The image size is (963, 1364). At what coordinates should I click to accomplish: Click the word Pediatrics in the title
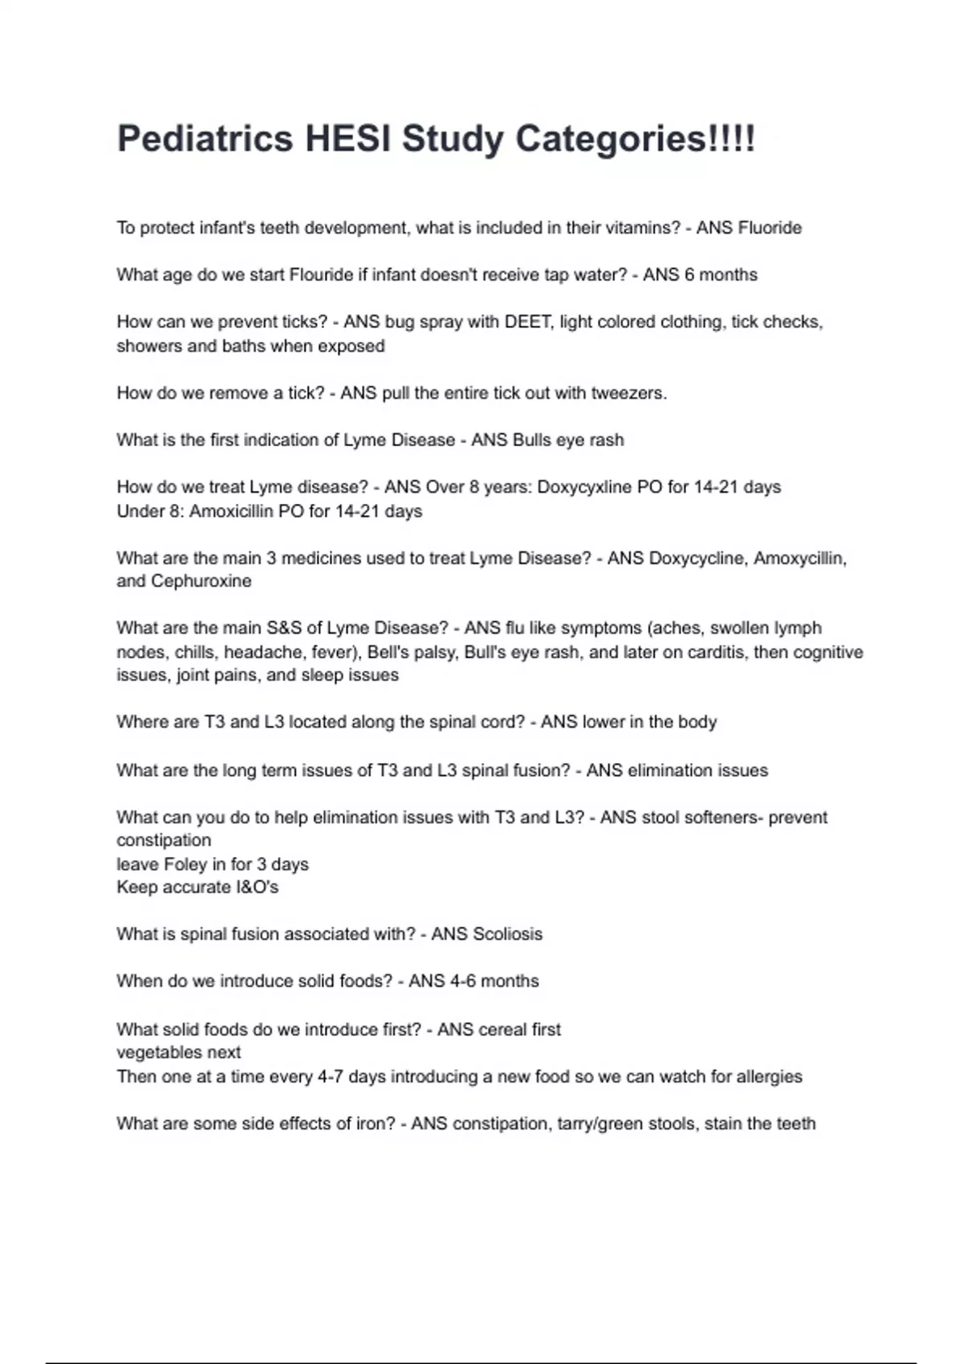click(205, 139)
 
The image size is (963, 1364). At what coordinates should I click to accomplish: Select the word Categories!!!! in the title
click(634, 139)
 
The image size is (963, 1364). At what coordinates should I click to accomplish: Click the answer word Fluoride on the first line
click(770, 228)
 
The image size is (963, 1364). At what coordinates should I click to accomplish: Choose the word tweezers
click(628, 393)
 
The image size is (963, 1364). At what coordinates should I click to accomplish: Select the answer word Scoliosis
click(508, 934)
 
